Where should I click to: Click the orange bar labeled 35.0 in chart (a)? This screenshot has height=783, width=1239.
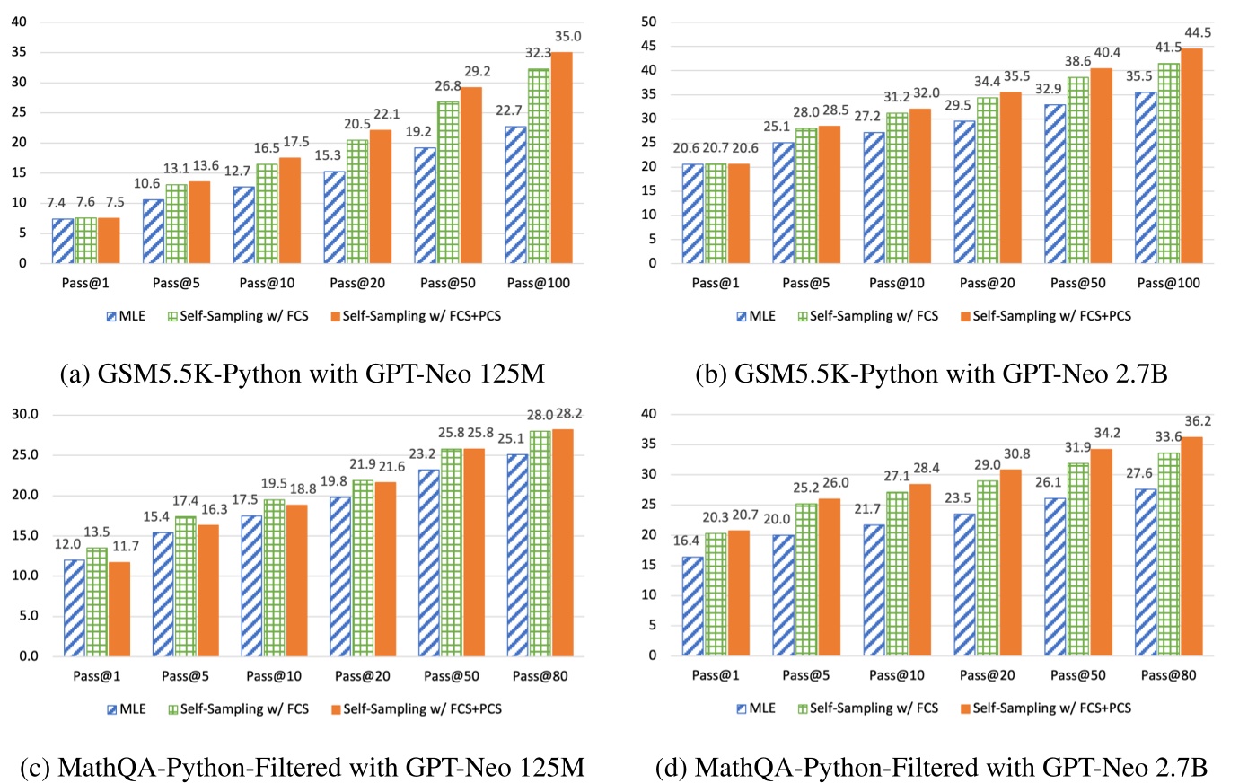pos(561,158)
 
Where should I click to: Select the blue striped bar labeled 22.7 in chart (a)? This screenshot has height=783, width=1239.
pos(516,195)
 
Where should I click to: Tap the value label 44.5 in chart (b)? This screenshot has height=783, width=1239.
pos(1198,33)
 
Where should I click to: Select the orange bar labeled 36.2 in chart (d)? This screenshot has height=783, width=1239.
pos(1191,546)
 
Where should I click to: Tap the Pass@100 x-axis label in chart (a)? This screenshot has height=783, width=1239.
pos(539,283)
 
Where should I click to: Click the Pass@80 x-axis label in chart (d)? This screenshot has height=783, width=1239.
pos(1169,675)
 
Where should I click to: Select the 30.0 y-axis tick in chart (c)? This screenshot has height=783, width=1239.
pos(24,415)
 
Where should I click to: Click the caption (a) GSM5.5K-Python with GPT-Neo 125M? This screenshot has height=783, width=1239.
pos(302,374)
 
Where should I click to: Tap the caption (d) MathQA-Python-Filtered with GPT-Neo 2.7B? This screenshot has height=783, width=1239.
pos(931,767)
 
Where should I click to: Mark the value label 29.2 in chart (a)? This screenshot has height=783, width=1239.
pos(476,71)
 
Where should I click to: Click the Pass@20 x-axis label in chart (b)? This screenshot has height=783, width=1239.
pos(987,283)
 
